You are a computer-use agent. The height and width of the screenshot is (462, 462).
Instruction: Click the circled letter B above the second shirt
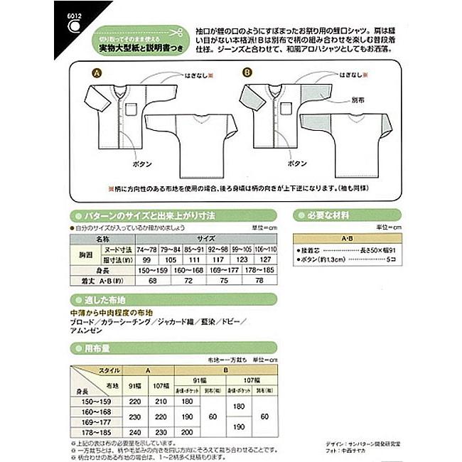point(247,72)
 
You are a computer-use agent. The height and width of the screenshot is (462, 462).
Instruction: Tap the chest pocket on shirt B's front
point(286,108)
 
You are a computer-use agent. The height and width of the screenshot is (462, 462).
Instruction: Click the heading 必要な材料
point(328,213)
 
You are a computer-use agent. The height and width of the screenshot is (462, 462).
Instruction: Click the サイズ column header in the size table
point(207,241)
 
